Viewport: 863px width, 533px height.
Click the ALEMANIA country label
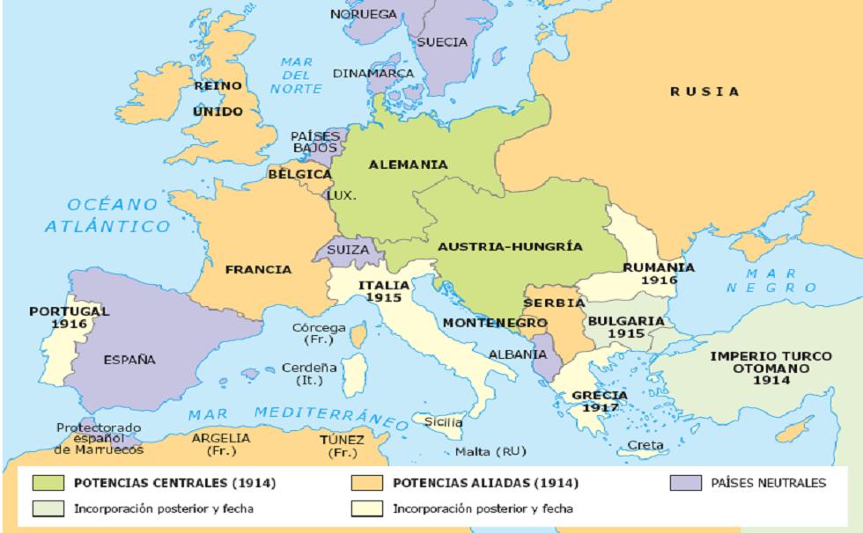(x=408, y=164)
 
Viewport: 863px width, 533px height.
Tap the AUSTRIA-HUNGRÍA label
(x=509, y=246)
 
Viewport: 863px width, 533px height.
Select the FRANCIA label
(x=258, y=269)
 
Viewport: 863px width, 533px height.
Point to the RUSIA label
(x=704, y=91)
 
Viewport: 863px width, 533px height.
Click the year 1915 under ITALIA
(x=383, y=298)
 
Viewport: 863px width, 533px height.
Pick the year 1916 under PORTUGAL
(x=69, y=324)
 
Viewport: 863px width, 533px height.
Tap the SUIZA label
(x=348, y=250)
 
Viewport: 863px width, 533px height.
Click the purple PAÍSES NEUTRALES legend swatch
(x=685, y=482)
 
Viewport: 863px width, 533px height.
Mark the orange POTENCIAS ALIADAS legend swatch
(x=365, y=482)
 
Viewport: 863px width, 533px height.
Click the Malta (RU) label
(x=490, y=452)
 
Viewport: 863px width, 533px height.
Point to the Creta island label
(x=645, y=445)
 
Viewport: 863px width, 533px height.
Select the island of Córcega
(x=358, y=333)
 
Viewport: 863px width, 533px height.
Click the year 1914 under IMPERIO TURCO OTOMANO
(x=771, y=381)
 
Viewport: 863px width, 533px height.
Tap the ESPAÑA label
(x=129, y=360)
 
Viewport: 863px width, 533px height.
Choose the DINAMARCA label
(x=373, y=74)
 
